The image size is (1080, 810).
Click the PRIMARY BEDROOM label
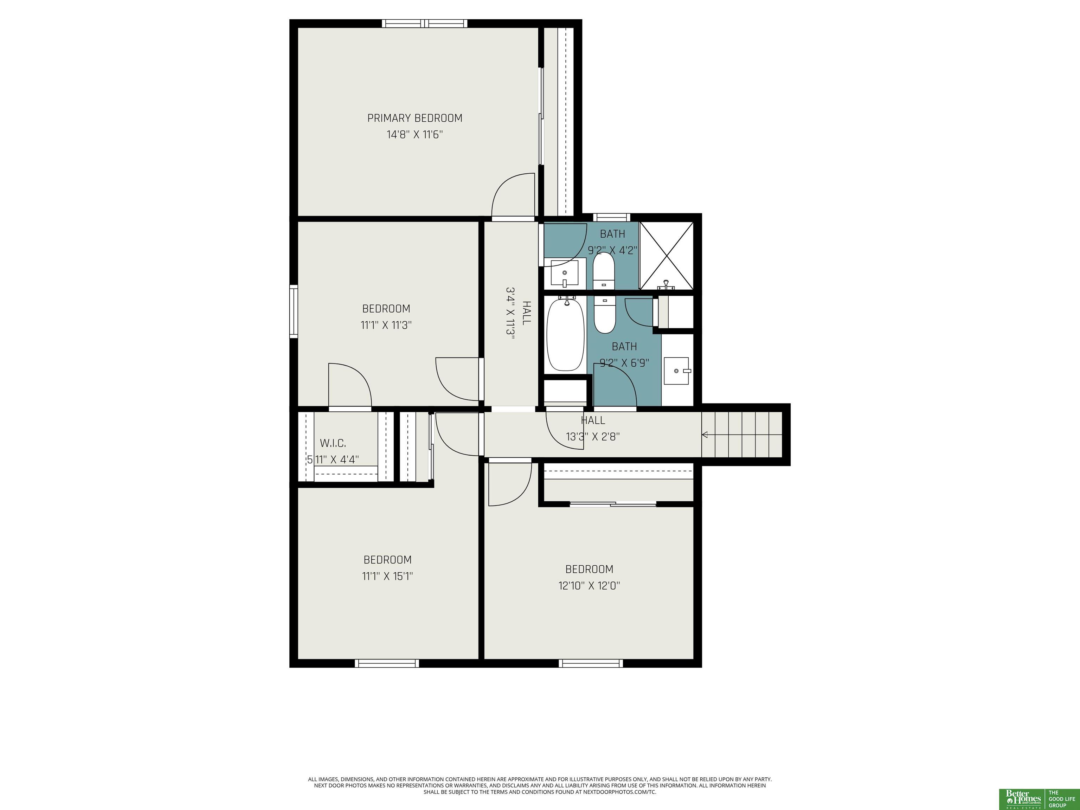point(414,118)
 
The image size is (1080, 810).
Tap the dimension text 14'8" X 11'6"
point(414,135)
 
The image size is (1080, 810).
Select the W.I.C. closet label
point(333,443)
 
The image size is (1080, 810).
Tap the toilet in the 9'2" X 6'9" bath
point(605,315)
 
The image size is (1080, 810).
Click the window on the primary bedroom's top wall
point(424,24)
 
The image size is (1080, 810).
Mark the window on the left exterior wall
point(294,311)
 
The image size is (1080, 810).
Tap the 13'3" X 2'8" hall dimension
point(593,437)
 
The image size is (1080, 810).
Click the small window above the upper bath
point(612,218)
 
